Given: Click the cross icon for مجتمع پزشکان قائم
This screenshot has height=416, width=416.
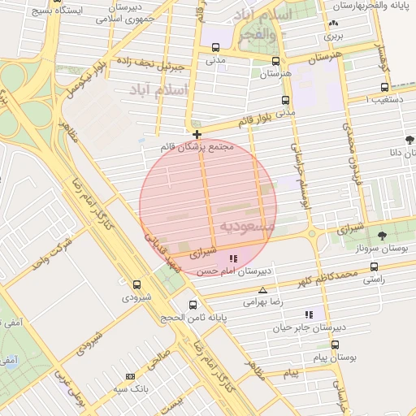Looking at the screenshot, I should pyautogui.click(x=197, y=133).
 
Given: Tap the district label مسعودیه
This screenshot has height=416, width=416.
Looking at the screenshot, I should pyautogui.click(x=243, y=225).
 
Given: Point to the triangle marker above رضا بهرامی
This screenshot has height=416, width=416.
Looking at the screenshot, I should pyautogui.click(x=262, y=290).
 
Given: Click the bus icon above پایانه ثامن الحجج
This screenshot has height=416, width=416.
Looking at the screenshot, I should pyautogui.click(x=193, y=305).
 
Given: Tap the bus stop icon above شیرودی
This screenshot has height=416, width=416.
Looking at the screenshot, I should pyautogui.click(x=136, y=285).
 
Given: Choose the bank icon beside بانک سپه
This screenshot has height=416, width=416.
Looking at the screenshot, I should pyautogui.click(x=130, y=377).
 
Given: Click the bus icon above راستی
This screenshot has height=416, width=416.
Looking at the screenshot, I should pyautogui.click(x=374, y=266).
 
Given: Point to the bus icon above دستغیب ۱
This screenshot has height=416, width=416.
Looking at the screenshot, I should pyautogui.click(x=384, y=88).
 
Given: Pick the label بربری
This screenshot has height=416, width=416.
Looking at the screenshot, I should pyautogui.click(x=334, y=36).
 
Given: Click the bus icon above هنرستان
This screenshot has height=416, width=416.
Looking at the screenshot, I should pyautogui.click(x=276, y=61).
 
